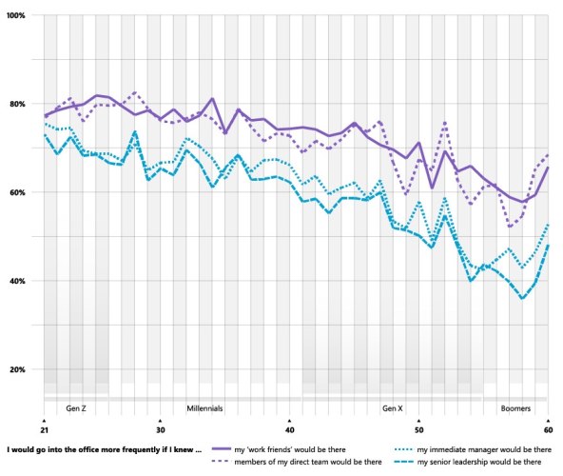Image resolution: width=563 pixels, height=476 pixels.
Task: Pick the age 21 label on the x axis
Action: tap(45, 429)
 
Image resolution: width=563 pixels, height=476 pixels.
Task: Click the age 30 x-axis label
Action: tap(161, 429)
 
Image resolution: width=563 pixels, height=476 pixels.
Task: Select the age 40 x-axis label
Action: tap(289, 429)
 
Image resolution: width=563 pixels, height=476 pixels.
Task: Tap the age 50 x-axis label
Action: tap(418, 429)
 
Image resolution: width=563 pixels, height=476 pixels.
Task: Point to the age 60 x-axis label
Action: tap(548, 429)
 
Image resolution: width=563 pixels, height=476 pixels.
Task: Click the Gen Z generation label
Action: tap(77, 408)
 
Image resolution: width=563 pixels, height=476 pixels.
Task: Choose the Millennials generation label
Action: tap(204, 408)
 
